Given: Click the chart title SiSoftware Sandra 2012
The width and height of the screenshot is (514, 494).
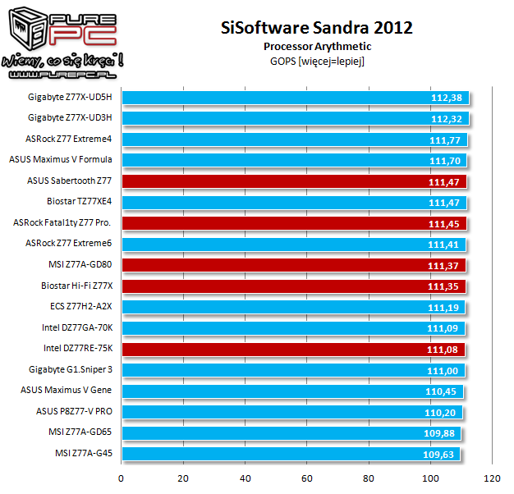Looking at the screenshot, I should (x=316, y=27).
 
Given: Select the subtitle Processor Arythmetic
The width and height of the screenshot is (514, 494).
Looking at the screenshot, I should (x=316, y=46).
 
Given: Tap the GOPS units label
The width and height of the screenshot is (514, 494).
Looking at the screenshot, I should (x=316, y=61).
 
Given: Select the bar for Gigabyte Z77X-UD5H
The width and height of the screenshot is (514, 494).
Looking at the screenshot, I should (x=294, y=97).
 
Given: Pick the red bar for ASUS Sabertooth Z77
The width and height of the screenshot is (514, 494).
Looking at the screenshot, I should (x=294, y=181).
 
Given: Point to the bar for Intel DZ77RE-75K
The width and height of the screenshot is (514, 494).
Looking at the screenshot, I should (x=293, y=348).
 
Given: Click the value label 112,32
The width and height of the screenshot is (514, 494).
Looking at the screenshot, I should (x=447, y=118).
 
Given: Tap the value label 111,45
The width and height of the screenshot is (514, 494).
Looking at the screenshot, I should (x=447, y=223).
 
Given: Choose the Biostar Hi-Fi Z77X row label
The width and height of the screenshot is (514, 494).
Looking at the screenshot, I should (x=76, y=286).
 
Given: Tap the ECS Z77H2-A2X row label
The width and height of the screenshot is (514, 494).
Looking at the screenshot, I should (x=81, y=306).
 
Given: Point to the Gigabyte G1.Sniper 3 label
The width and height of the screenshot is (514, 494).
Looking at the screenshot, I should (x=70, y=369).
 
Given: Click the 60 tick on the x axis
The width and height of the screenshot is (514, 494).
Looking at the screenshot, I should (x=307, y=478).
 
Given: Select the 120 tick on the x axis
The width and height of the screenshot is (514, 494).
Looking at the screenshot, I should (x=493, y=478).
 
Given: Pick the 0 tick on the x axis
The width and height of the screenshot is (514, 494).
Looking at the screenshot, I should (x=122, y=478).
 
